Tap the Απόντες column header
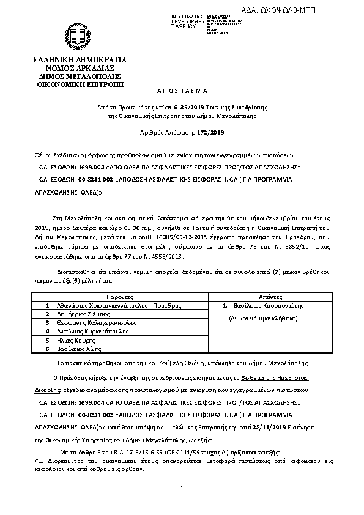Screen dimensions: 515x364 [x=270, y=295]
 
